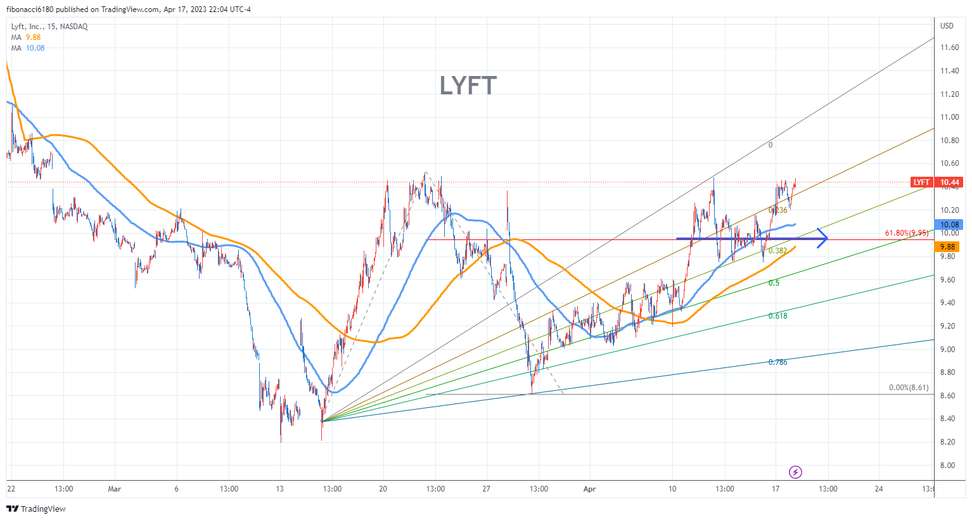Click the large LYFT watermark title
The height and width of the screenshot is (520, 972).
(468, 86)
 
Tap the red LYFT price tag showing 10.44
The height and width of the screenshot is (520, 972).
(935, 182)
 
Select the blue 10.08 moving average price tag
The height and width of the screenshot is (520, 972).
(949, 225)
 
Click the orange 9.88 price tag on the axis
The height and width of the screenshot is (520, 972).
(948, 247)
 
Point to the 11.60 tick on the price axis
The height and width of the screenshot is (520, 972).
(949, 48)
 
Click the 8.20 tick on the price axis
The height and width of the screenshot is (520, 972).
(949, 442)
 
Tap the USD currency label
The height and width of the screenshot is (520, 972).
(947, 26)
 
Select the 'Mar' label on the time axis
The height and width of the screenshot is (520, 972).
(114, 489)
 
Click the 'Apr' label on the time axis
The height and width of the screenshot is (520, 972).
(590, 489)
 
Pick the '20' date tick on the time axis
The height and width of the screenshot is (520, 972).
(383, 489)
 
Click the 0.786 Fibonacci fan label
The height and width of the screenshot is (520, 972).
(777, 362)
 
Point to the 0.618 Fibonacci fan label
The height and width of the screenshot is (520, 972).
(777, 316)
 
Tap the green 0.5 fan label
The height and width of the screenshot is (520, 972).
(774, 283)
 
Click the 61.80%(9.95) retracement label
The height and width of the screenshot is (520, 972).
(906, 234)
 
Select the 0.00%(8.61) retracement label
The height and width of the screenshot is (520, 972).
(909, 388)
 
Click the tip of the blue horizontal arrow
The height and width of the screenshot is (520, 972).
(826, 238)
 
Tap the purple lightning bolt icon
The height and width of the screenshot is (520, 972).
(796, 472)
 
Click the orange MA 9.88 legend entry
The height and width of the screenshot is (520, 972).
(26, 37)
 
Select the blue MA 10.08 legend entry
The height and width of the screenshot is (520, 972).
(28, 48)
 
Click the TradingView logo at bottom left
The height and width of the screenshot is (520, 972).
(36, 509)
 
